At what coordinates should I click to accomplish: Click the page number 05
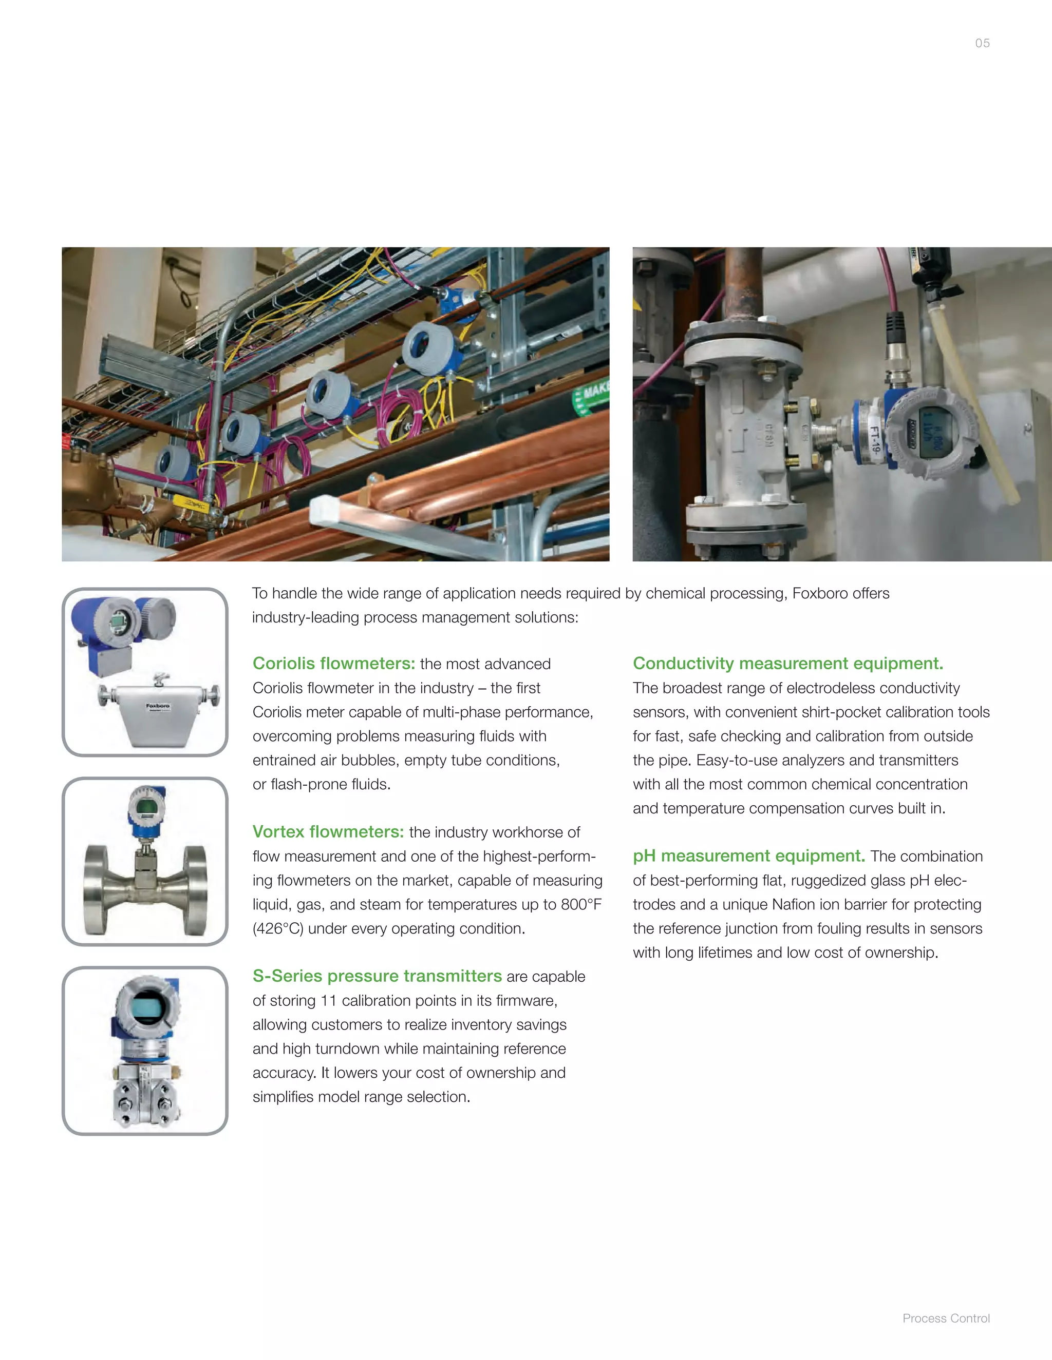click(982, 43)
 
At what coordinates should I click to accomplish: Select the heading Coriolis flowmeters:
click(333, 663)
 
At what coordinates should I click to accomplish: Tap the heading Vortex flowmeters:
click(328, 831)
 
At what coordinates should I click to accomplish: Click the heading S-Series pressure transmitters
click(377, 975)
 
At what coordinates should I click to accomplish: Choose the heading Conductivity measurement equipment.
click(788, 663)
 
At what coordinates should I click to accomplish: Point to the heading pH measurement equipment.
click(748, 856)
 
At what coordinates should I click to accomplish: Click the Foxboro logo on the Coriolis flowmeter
click(158, 706)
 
